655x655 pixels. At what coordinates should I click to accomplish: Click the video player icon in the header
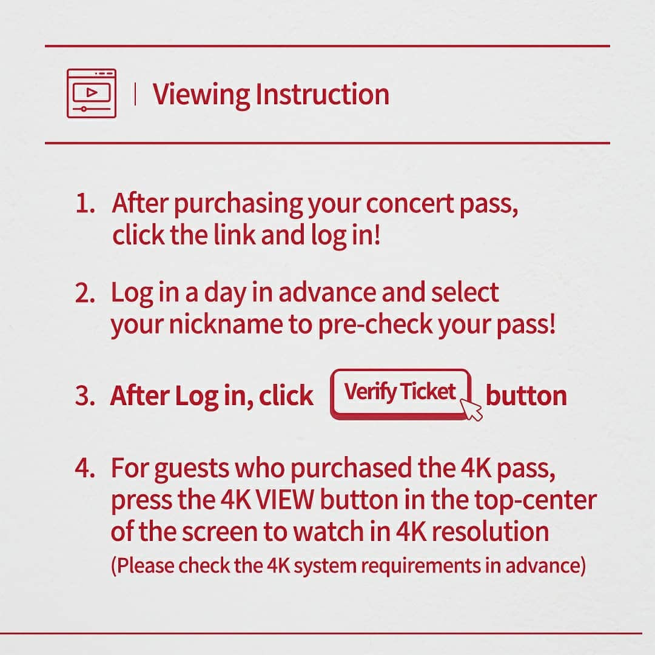92,93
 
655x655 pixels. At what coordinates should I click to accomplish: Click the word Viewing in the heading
201,95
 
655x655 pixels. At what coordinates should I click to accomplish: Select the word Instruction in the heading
322,94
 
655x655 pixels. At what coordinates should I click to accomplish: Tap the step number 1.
85,204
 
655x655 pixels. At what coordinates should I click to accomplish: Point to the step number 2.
85,293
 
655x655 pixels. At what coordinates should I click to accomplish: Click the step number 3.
85,395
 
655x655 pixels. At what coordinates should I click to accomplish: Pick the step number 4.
85,468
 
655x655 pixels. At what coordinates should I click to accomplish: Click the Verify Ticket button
401,394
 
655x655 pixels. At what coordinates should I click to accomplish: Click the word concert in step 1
409,203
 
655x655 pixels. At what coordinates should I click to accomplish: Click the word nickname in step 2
226,324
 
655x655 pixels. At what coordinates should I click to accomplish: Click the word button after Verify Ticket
526,395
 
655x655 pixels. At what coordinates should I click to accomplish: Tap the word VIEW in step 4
284,500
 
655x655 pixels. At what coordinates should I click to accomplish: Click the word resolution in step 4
490,531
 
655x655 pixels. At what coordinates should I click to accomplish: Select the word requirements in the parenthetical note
421,566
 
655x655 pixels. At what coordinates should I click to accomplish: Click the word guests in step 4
191,469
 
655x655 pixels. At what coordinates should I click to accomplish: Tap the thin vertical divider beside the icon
135,93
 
